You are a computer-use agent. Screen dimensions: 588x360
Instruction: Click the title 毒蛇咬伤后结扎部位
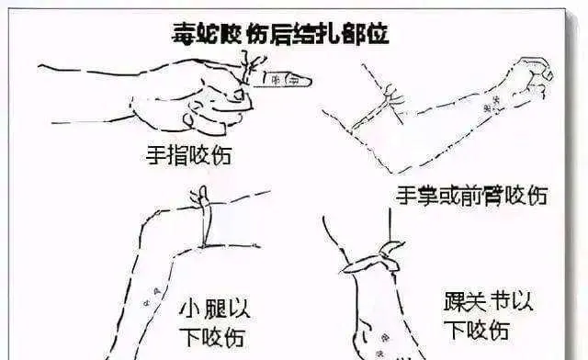pos(280,34)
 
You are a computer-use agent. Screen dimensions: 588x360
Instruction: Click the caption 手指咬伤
pos(188,155)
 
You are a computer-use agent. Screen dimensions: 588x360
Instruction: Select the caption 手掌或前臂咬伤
pos(471,195)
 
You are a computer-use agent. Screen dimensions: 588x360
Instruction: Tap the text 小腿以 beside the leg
pos(215,309)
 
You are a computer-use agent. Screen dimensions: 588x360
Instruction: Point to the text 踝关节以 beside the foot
pos(488,300)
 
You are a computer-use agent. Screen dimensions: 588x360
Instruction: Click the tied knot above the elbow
pos(392,98)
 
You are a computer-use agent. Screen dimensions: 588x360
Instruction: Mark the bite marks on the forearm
pos(492,105)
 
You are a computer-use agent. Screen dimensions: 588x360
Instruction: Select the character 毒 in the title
pos(183,35)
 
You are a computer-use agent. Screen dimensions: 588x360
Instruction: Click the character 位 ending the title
pos(378,34)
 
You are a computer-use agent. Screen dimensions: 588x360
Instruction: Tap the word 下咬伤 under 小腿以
pos(212,336)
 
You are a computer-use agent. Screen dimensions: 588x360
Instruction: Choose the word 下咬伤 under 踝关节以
pos(477,330)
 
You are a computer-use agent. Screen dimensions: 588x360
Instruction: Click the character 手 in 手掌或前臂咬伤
pos(406,195)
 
